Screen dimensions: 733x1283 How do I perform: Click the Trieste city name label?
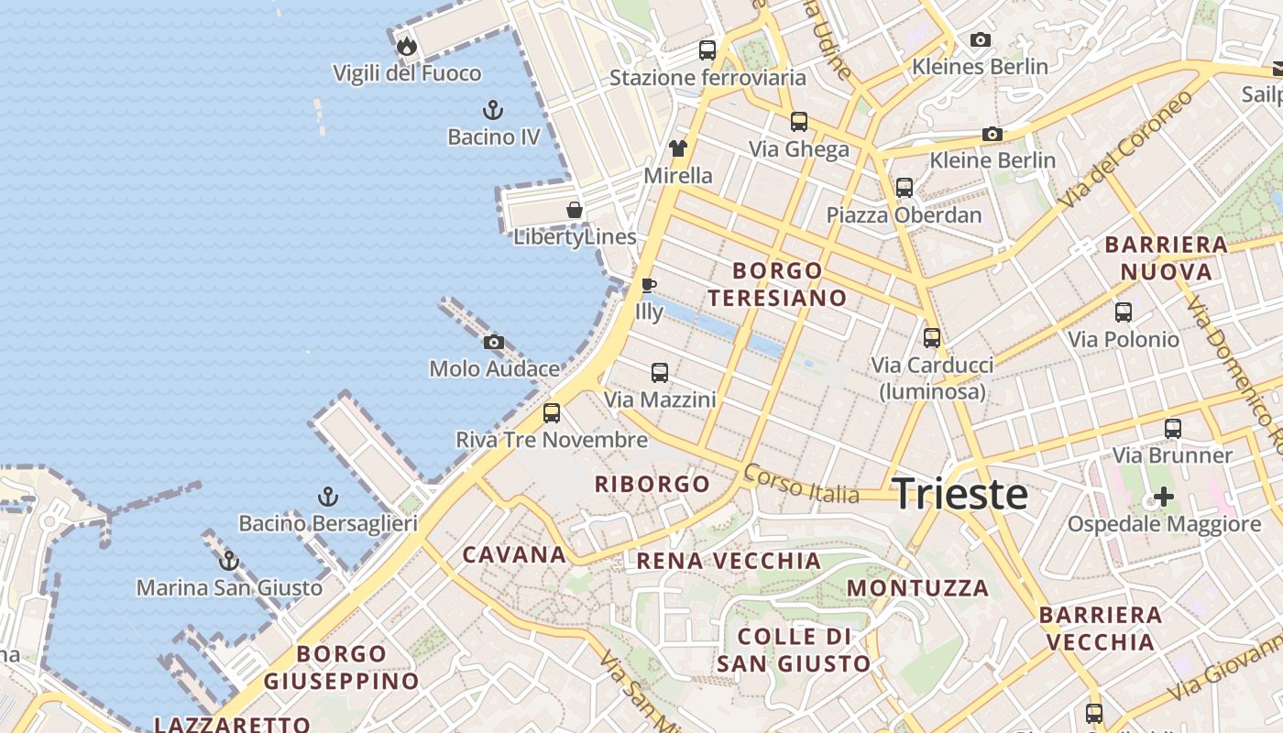point(960,494)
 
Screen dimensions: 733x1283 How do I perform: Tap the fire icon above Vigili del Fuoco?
point(407,46)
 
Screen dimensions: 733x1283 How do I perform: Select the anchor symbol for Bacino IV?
point(493,110)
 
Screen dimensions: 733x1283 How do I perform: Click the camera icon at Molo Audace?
point(494,343)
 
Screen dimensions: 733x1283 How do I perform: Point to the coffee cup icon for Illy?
point(649,285)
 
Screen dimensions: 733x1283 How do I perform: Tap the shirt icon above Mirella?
point(677,148)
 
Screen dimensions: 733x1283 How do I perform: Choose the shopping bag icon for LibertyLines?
point(575,210)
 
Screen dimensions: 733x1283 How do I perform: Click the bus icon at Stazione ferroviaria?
point(707,49)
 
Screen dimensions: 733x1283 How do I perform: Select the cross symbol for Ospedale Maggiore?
point(1164,498)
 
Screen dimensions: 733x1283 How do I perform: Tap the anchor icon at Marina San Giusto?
point(229,561)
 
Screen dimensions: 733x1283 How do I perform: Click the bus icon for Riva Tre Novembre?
point(552,412)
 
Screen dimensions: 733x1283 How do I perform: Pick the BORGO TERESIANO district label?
point(777,284)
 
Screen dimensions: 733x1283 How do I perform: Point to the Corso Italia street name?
point(802,484)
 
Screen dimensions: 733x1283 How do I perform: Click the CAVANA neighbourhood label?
point(514,554)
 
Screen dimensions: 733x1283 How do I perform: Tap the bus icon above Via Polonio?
point(1124,312)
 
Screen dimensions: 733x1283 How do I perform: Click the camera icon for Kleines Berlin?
point(981,40)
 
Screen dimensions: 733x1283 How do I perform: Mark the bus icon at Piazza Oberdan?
point(905,188)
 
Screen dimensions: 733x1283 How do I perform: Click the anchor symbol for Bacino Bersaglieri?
point(328,498)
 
